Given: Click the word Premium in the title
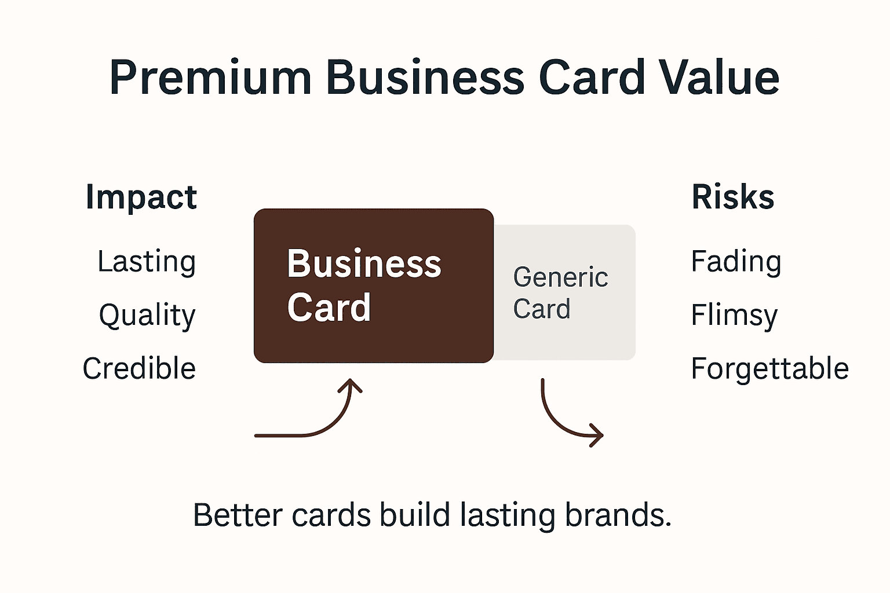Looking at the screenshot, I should pos(210,78).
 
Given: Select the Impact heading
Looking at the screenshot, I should pos(141,197).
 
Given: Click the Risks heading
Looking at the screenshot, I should pos(732,197).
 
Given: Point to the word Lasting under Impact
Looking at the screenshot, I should pos(146,262).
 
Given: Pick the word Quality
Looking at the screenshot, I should pos(147,316).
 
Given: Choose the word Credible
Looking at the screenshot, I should pos(139,368).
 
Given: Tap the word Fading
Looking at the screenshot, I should pos(736,262).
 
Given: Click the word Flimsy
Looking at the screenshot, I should pos(734,316).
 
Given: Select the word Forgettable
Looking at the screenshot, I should pos(769,368).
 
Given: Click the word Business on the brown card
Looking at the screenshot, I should pos(364,264).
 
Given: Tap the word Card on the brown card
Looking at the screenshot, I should pos(329,308).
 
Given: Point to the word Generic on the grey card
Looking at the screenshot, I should pos(560,277).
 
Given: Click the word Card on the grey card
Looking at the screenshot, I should pos(541,309).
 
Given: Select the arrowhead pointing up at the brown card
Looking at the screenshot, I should pos(351,385).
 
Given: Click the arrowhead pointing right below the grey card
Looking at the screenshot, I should pos(596,435).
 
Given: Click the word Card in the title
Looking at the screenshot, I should pos(592,78).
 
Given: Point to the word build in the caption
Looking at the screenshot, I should pos(414,515).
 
